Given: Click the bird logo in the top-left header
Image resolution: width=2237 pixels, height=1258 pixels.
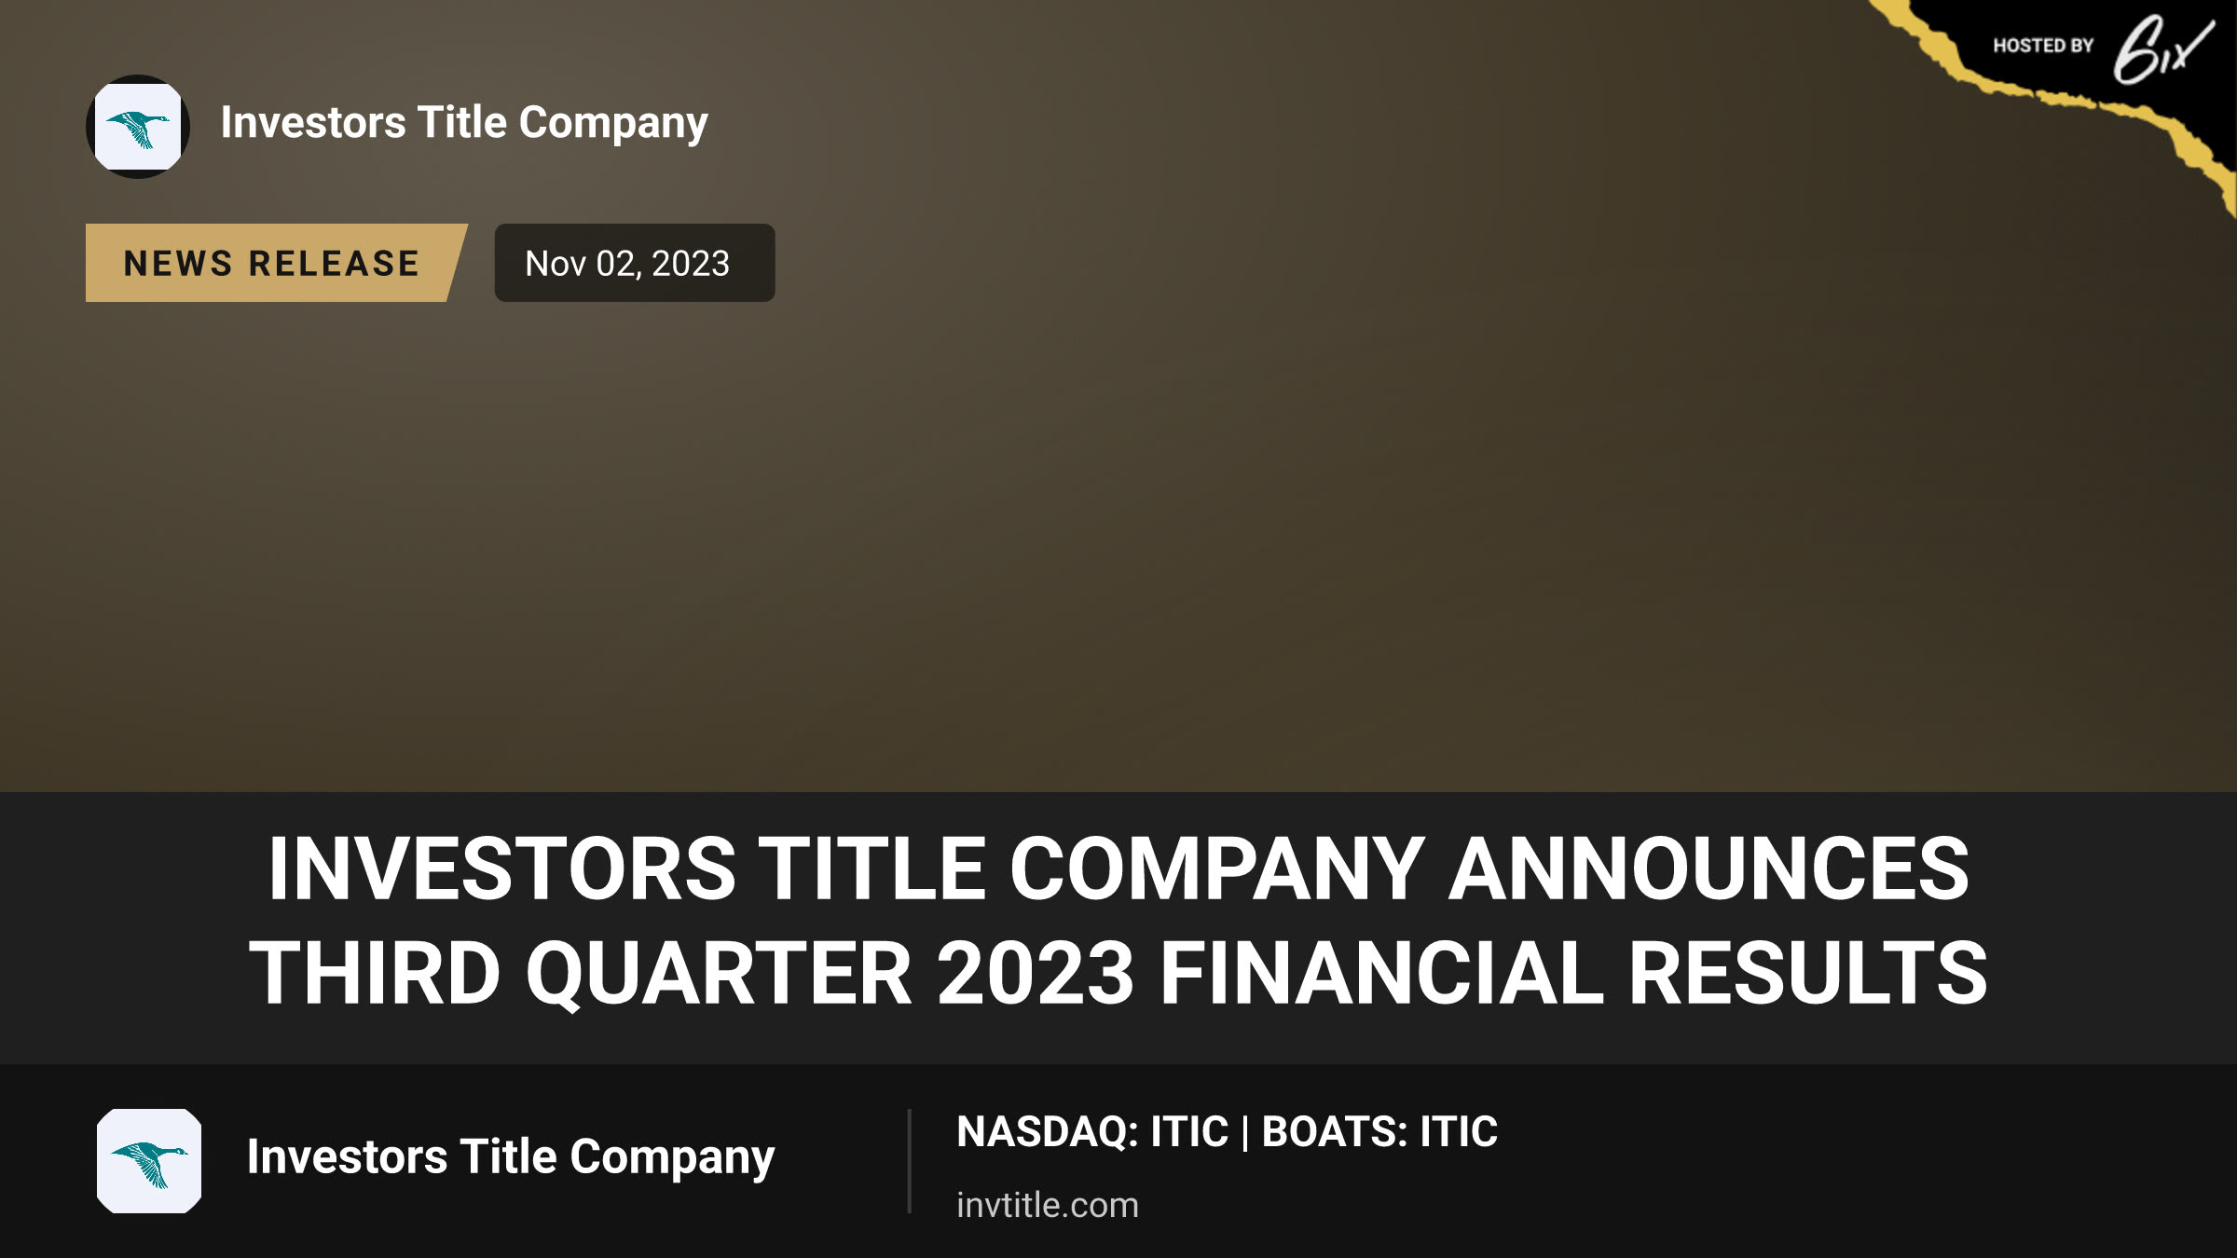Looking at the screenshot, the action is point(138,127).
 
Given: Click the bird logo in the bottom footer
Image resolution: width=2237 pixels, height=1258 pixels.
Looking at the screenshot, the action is point(149,1161).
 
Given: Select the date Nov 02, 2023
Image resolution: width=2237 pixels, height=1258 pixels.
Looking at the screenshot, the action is point(627,264).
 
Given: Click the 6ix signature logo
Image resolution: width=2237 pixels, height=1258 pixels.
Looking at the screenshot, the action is point(2162,48).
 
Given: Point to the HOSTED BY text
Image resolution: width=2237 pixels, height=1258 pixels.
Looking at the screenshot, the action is point(2043,46).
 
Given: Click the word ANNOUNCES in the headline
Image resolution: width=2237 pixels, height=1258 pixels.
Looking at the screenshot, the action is point(1709,868).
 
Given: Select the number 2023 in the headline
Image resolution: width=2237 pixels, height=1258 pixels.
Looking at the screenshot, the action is point(1035,973).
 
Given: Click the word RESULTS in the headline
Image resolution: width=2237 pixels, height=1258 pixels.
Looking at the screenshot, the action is point(1808,973).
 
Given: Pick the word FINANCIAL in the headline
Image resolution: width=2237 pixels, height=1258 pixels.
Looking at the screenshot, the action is point(1381,973).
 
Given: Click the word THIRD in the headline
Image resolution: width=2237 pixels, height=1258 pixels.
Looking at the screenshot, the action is point(375,973).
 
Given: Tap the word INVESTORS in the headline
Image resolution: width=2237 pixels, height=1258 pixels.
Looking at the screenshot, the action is point(501,868).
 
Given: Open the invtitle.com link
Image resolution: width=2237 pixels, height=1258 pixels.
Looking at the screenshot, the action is point(1048,1205).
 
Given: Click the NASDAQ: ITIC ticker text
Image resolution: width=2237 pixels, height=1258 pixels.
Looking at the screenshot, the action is point(1092,1131).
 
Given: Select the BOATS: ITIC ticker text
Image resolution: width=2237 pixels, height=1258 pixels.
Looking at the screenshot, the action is point(1379,1131).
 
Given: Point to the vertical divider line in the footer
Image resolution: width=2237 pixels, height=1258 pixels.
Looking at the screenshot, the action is point(909,1161).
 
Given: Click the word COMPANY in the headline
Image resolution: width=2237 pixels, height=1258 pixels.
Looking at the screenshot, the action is point(1216,868).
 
